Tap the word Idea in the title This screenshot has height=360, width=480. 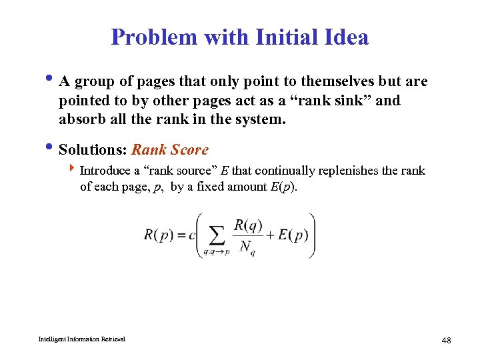[x=345, y=37]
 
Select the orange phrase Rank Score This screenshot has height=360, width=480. [x=170, y=150]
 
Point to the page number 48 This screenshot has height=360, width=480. [x=446, y=341]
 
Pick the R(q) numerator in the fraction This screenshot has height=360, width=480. [x=247, y=225]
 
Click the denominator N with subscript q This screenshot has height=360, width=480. [x=247, y=247]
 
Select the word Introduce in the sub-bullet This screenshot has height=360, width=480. [x=107, y=171]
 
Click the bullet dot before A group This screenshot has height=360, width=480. [x=53, y=81]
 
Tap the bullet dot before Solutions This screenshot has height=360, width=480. [x=53, y=149]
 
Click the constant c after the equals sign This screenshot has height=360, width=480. [x=192, y=235]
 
